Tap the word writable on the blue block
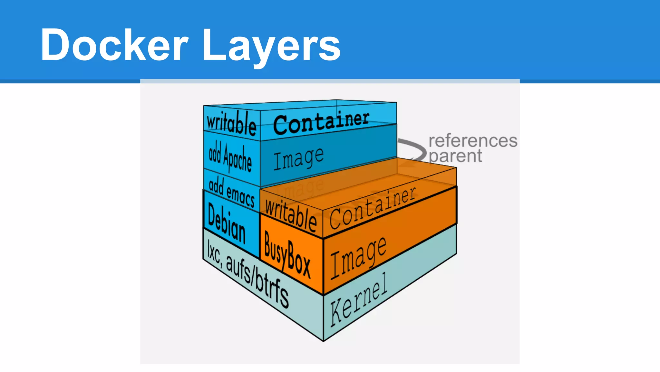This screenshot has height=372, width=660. pos(231,123)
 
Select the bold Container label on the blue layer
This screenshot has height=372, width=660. pos(321,122)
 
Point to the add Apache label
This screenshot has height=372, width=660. pos(230,157)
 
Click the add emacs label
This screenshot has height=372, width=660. pos(231,192)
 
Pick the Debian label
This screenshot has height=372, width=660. pos(227,223)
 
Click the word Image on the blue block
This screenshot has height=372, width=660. pos(298,158)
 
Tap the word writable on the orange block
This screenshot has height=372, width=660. pos(291,215)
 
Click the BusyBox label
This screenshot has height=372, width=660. pos(287,255)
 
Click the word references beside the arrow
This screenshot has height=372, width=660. pos(473,141)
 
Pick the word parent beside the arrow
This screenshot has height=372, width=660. pos(455,156)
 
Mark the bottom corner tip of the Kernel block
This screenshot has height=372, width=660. pos(323,340)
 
